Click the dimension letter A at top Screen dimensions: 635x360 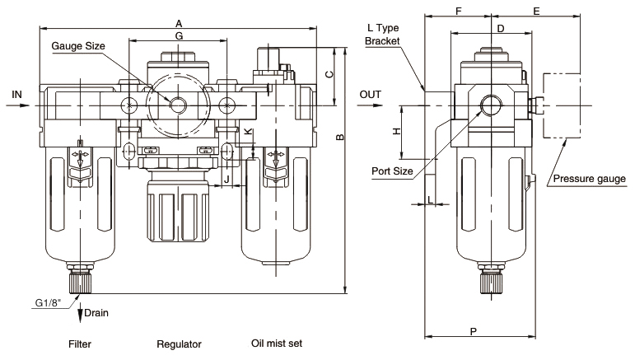(x=179, y=24)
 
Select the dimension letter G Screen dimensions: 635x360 (x=179, y=36)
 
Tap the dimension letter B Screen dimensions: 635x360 (x=340, y=137)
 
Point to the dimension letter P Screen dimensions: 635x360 (x=474, y=332)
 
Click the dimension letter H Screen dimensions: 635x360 (x=397, y=131)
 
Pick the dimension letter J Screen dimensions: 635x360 (x=226, y=179)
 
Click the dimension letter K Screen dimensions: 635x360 (x=248, y=131)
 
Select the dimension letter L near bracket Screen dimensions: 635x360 (x=430, y=199)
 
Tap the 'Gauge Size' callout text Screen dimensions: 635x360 (x=78, y=46)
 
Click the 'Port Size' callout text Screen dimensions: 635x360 (x=392, y=171)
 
